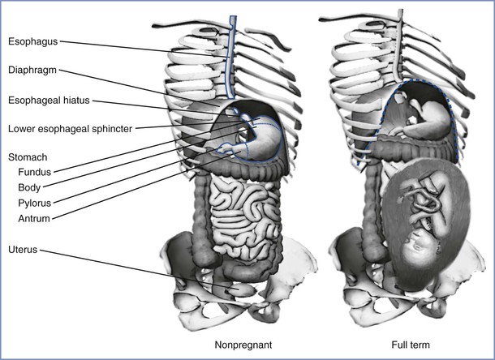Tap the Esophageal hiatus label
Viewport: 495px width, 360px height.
coord(45,101)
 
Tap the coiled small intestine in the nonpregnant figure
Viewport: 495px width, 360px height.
coord(235,219)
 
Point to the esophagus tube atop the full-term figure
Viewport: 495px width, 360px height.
coord(405,41)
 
